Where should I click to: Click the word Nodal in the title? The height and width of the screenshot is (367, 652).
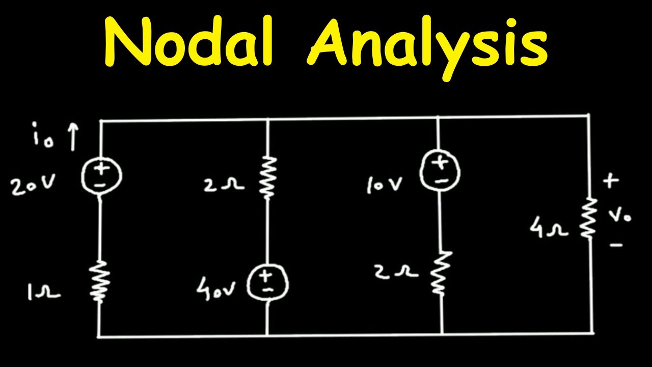pyautogui.click(x=188, y=40)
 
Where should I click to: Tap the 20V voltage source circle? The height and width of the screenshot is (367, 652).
pyautogui.click(x=101, y=176)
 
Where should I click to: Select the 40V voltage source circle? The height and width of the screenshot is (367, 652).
pyautogui.click(x=268, y=282)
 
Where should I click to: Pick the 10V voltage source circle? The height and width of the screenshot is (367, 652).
pyautogui.click(x=440, y=170)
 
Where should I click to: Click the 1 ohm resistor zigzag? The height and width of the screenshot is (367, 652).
pyautogui.click(x=100, y=281)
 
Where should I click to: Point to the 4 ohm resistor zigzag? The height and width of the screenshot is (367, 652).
pyautogui.click(x=588, y=219)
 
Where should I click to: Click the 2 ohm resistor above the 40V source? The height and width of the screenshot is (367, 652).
pyautogui.click(x=268, y=178)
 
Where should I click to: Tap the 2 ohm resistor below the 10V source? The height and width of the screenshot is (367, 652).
pyautogui.click(x=441, y=272)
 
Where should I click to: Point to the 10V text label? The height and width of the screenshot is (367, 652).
pyautogui.click(x=384, y=185)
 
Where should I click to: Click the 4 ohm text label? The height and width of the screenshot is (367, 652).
pyautogui.click(x=549, y=229)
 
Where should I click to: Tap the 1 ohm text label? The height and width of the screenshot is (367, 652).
pyautogui.click(x=44, y=292)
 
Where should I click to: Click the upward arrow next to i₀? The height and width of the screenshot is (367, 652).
pyautogui.click(x=73, y=137)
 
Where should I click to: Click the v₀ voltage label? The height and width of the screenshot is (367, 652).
pyautogui.click(x=620, y=216)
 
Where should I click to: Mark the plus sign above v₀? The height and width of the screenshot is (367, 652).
pyautogui.click(x=611, y=181)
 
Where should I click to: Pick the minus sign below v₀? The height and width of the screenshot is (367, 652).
pyautogui.click(x=616, y=245)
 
